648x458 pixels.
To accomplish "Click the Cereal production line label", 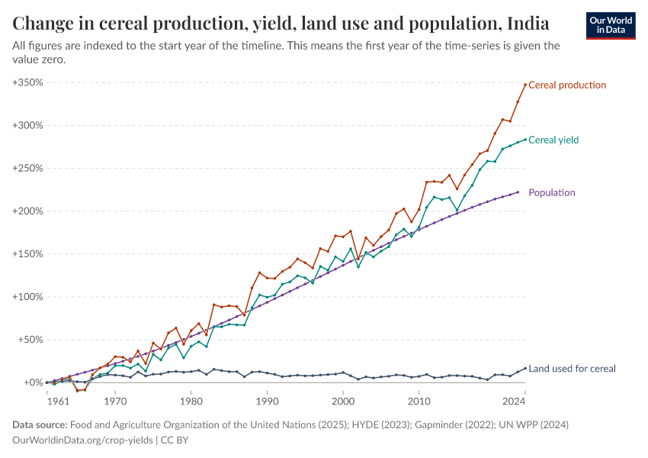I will click(x=566, y=85).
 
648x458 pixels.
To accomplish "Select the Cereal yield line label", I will click(x=553, y=140).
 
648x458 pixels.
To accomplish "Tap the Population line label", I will click(x=551, y=192).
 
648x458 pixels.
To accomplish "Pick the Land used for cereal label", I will click(x=572, y=369).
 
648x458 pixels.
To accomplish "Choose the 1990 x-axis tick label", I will click(x=267, y=399).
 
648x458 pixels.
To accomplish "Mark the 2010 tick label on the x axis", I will click(x=419, y=399).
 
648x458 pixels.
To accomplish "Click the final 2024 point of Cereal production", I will click(x=525, y=84).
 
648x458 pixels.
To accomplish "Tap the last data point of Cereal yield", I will click(x=525, y=140).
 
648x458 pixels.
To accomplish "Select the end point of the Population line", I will click(x=518, y=192).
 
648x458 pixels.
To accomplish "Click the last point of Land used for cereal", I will click(x=525, y=368).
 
